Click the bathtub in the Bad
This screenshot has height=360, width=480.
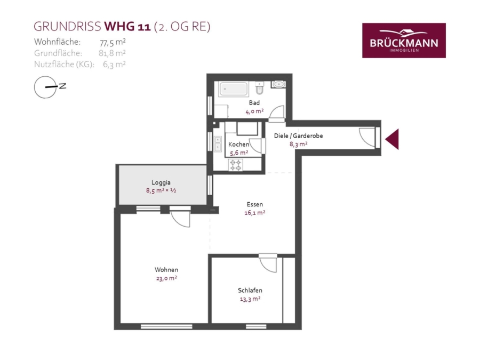tap(234, 89)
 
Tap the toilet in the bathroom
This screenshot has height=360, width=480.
tap(260, 88)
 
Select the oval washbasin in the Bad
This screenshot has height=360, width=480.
tap(278, 84)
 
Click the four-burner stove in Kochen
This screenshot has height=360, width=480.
tap(236, 165)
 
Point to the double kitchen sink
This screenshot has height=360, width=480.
tap(218, 144)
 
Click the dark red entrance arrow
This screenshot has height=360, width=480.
tap(392, 139)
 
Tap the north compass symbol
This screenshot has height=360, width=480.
tap(50, 87)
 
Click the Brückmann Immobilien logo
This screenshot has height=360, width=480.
tap(404, 41)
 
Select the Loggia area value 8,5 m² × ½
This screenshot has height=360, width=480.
tap(161, 190)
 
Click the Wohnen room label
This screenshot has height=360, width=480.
tap(166, 270)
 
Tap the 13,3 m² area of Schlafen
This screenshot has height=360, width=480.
tap(250, 299)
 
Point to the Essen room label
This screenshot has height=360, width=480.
tap(255, 204)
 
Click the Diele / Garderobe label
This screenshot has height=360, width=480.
tap(299, 135)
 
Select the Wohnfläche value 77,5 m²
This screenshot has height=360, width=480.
tap(113, 42)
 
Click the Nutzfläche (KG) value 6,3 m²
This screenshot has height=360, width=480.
tap(114, 65)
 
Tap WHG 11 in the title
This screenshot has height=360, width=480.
tap(127, 27)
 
